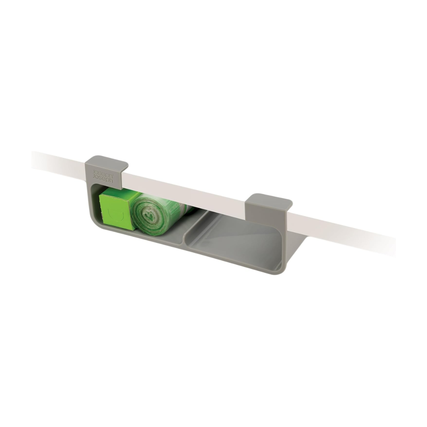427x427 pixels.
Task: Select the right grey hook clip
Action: [269, 206]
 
